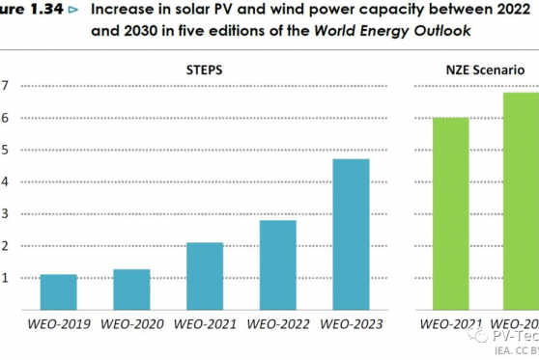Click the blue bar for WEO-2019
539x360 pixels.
pyautogui.click(x=59, y=291)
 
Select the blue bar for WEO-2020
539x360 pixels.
pyautogui.click(x=131, y=289)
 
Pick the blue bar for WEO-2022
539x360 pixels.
pyautogui.click(x=277, y=264)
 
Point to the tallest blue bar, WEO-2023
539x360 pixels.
pyautogui.click(x=351, y=234)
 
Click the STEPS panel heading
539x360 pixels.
pyautogui.click(x=205, y=70)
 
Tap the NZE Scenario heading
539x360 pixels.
pyautogui.click(x=486, y=70)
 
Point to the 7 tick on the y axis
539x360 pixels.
pyautogui.click(x=5, y=86)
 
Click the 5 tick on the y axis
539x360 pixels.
pyautogui.click(x=5, y=150)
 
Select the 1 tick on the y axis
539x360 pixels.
pyautogui.click(x=5, y=278)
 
